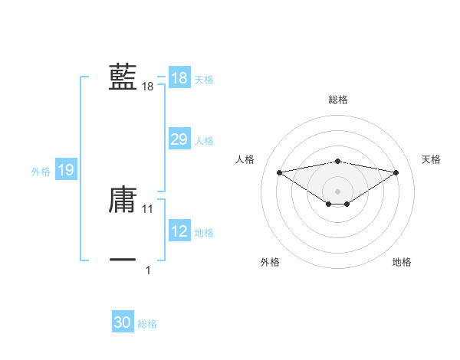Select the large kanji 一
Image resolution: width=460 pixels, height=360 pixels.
(x=123, y=260)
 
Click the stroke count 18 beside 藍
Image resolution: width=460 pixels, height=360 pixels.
(x=148, y=87)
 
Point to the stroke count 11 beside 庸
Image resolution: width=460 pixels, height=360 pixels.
(x=148, y=208)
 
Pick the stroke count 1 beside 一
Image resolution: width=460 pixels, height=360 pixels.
(x=148, y=270)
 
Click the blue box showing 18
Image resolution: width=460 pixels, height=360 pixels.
(x=179, y=78)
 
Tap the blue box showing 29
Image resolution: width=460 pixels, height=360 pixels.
(x=179, y=139)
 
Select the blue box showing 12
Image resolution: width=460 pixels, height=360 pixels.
(x=179, y=231)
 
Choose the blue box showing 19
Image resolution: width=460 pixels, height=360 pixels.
(x=66, y=170)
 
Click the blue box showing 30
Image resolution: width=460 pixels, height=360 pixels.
(x=123, y=322)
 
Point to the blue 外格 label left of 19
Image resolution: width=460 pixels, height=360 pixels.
(x=41, y=172)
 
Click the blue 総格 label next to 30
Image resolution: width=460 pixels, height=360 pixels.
(x=147, y=324)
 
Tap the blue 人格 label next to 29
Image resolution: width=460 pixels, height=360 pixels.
(x=204, y=141)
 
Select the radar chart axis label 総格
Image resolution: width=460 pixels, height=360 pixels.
(x=337, y=100)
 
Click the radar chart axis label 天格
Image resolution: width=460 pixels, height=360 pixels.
(x=432, y=159)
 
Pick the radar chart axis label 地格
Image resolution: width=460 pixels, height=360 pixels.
(x=402, y=262)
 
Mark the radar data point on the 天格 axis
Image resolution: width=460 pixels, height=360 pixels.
(x=396, y=172)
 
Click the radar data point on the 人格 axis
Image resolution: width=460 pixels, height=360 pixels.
(x=279, y=172)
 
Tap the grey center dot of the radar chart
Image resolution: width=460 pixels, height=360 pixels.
(x=337, y=191)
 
